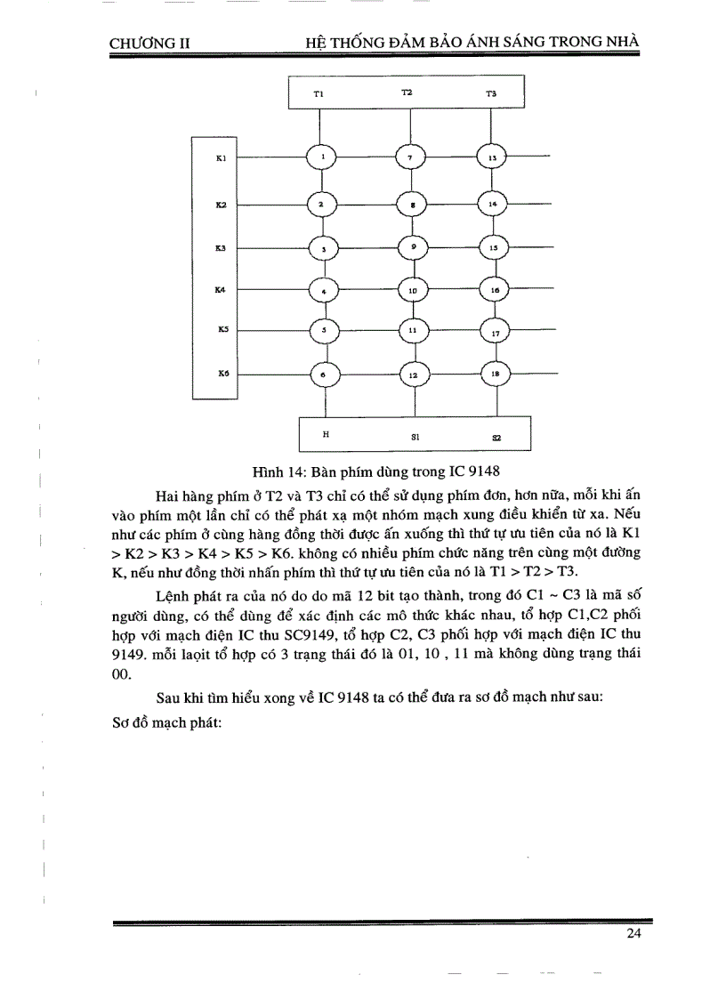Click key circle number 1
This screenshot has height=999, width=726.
[x=323, y=157]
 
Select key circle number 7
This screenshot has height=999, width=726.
[x=410, y=157]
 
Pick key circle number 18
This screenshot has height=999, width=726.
[x=495, y=375]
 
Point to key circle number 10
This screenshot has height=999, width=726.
[x=412, y=290]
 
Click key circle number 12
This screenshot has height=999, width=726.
[x=412, y=375]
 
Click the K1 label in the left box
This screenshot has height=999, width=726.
[x=222, y=158]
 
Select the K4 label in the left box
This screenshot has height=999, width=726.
[x=221, y=289]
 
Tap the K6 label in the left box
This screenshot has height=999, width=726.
[x=222, y=375]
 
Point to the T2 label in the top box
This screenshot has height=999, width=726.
[x=407, y=93]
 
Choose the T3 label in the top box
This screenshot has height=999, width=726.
[x=491, y=93]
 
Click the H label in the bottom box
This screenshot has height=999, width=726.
[x=326, y=435]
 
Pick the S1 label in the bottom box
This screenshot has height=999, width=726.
[x=415, y=437]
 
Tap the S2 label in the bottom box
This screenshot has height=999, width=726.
[x=496, y=437]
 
